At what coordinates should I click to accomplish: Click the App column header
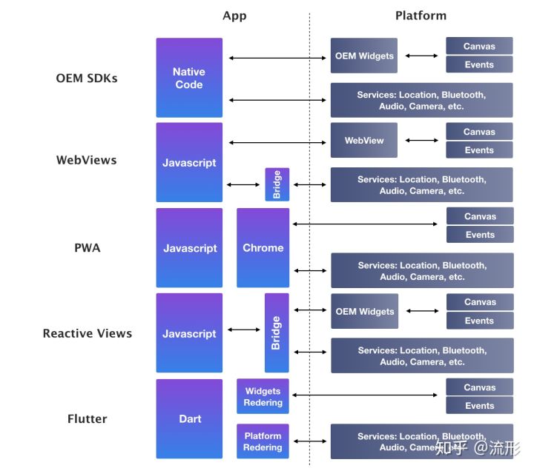click(x=234, y=16)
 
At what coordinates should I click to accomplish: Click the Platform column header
click(x=421, y=16)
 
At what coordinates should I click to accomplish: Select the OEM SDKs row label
click(x=87, y=78)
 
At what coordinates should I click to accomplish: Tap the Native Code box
click(x=189, y=78)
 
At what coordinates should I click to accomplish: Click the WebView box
click(x=364, y=140)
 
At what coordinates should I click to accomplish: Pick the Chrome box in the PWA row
click(x=263, y=248)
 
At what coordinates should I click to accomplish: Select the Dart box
click(x=189, y=418)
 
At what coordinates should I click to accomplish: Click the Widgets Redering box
click(x=263, y=397)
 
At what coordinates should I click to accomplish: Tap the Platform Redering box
click(x=263, y=441)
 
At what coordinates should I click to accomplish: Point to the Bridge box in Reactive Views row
click(x=277, y=333)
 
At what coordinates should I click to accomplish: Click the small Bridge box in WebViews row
click(x=277, y=184)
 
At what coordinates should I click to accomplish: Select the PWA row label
click(x=87, y=248)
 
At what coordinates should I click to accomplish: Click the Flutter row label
click(x=87, y=418)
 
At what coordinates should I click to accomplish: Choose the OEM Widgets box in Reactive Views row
click(x=364, y=311)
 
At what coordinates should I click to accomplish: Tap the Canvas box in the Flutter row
click(x=480, y=387)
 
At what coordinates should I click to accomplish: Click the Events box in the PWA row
click(x=480, y=235)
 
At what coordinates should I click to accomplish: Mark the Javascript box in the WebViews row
click(x=189, y=163)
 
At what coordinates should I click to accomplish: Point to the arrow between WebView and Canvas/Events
click(x=422, y=140)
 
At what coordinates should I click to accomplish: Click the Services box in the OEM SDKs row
click(x=421, y=101)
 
